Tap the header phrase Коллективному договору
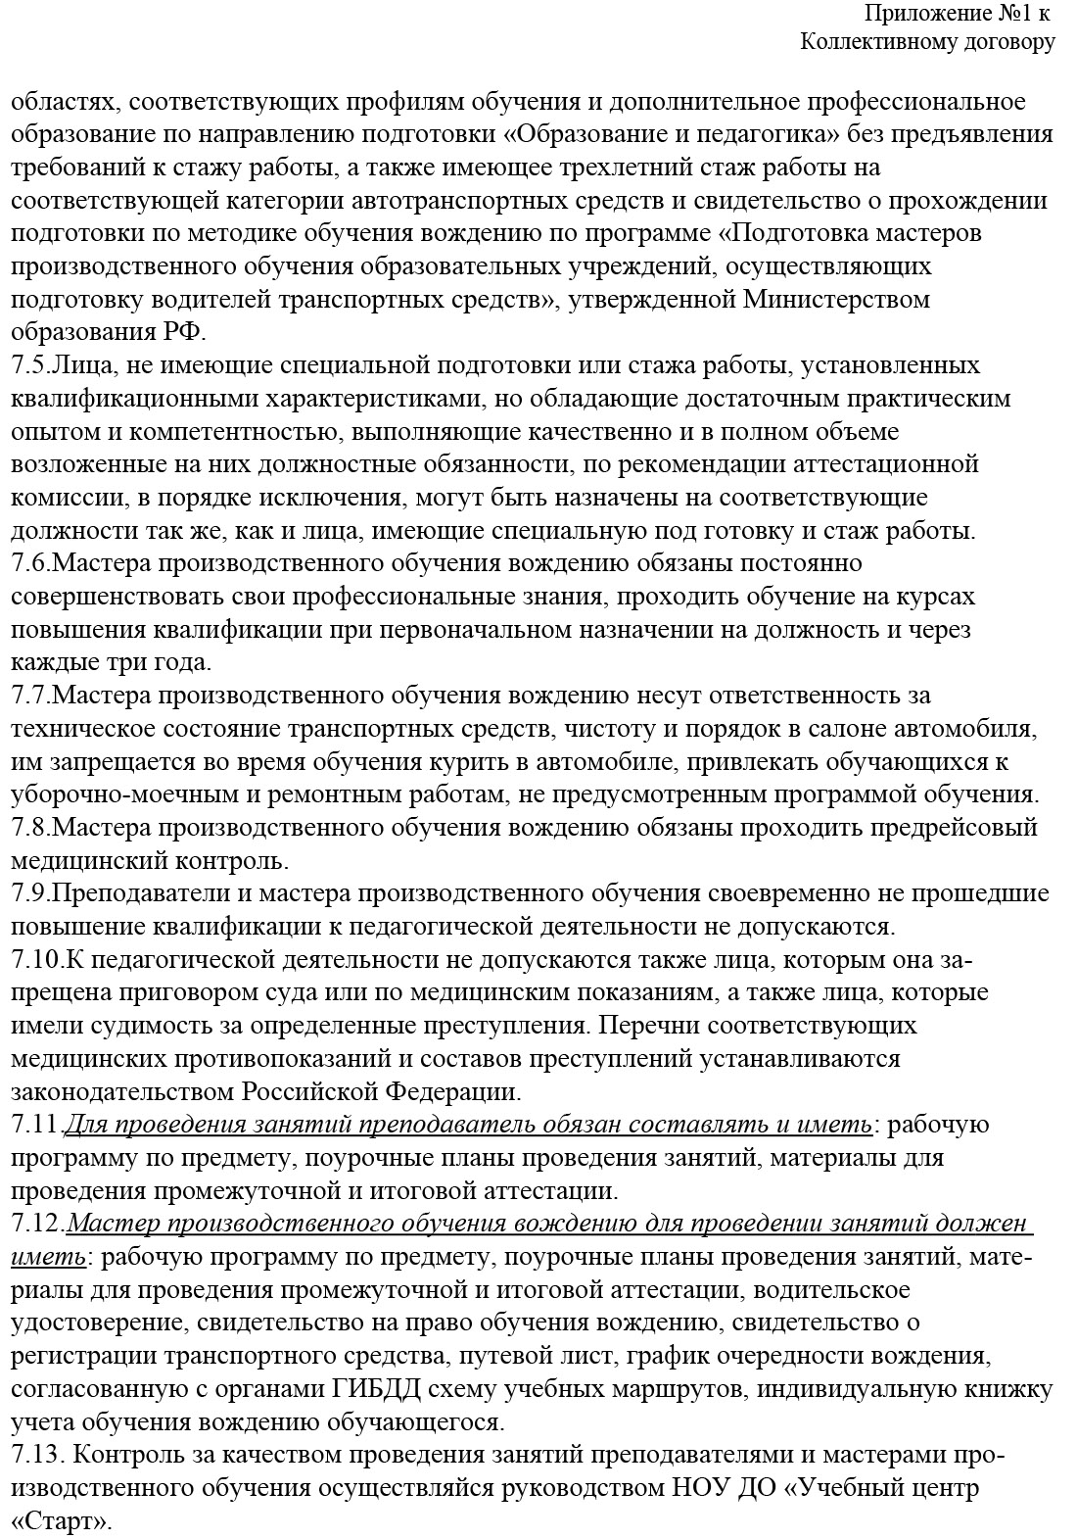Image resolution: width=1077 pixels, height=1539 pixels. coord(927,41)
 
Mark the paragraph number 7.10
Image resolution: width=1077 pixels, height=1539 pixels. coord(34,960)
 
